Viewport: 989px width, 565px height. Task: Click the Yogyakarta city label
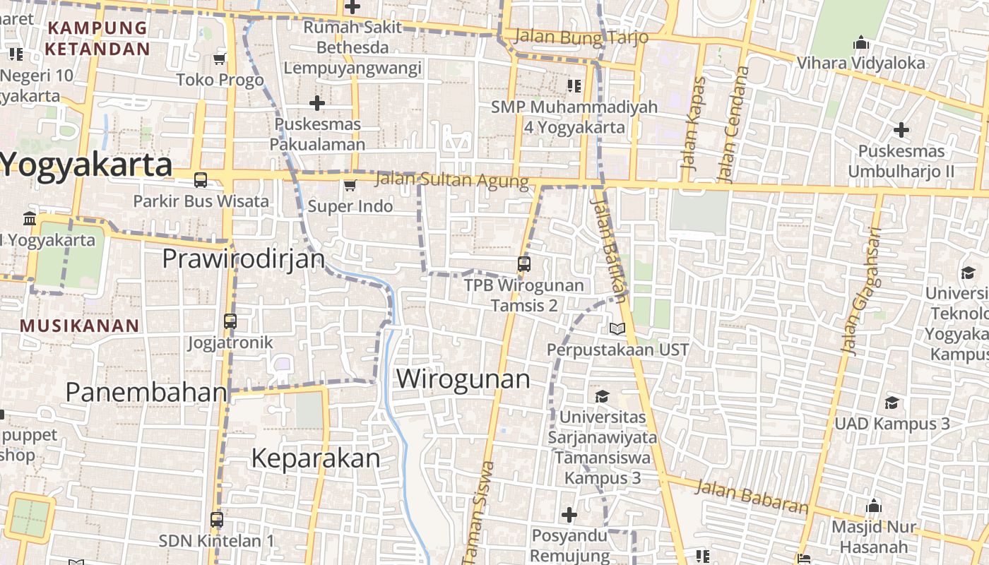point(86,166)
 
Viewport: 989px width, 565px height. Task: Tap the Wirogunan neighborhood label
point(463,379)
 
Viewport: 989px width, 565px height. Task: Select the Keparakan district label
point(315,458)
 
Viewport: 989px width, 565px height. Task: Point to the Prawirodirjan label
point(244,258)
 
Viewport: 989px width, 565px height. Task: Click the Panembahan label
point(146,392)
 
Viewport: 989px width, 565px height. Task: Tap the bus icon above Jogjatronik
point(230,321)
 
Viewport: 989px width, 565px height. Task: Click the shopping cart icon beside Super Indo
point(349,186)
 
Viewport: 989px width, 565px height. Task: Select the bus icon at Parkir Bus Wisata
point(201,180)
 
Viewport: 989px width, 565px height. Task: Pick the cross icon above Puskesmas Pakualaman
point(317,103)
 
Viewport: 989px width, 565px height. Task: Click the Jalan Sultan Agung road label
point(451,179)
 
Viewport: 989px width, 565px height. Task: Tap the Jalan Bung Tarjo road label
point(581,37)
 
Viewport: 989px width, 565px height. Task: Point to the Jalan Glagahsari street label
point(861,290)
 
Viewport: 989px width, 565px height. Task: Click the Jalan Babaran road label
point(751,496)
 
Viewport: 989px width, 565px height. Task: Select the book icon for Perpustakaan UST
point(617,328)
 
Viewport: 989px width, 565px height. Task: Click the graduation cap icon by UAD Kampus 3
point(892,403)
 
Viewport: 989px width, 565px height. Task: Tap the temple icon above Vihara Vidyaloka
point(860,43)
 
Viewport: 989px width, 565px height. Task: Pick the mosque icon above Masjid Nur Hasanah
point(874,506)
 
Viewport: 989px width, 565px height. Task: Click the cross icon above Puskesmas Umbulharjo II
point(901,130)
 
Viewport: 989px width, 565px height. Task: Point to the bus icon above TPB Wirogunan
point(523,264)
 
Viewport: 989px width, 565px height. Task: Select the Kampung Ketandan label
point(97,38)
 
